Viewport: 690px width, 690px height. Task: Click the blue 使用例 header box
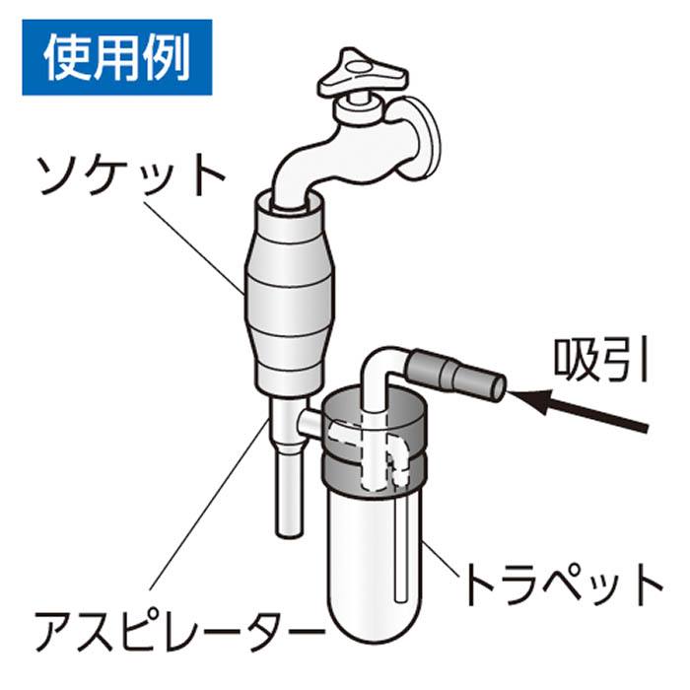tap(117, 57)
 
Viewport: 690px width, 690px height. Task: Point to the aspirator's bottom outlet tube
tap(289, 489)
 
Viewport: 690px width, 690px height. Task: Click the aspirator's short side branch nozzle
tap(310, 422)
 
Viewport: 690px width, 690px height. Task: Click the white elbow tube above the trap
tap(379, 379)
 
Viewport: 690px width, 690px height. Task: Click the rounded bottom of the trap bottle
tap(375, 634)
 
